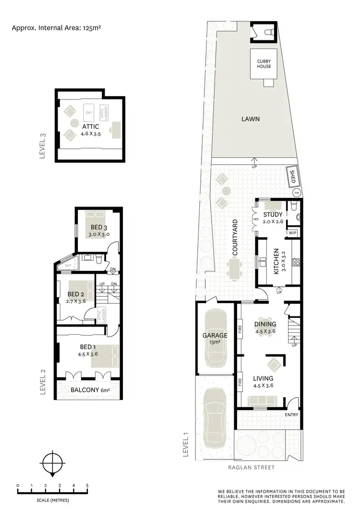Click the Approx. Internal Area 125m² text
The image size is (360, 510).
point(56,28)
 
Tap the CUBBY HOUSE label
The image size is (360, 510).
point(264,63)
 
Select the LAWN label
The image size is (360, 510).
point(251,119)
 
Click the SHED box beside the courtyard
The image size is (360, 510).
point(292,176)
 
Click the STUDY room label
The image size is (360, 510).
point(273,215)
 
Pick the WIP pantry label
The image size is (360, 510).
point(292,233)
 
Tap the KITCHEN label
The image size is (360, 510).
point(276,261)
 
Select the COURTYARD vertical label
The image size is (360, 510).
point(235,237)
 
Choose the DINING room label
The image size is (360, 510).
point(265,324)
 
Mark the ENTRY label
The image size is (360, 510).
point(291,414)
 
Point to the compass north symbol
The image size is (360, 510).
point(51,464)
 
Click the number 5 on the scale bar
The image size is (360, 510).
point(87,486)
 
